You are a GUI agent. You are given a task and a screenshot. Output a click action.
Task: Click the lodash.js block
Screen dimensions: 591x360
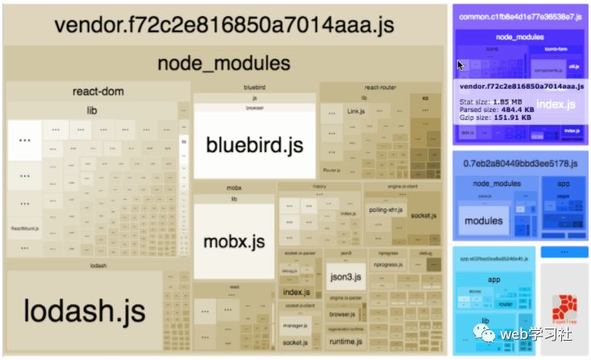coord(84,309)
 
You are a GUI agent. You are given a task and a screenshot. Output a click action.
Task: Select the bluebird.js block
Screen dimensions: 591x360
coord(254,145)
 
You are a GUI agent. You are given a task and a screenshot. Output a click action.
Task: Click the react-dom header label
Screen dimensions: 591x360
coord(97,91)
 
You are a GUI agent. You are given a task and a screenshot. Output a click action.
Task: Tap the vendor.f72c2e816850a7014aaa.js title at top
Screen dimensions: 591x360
coord(224,24)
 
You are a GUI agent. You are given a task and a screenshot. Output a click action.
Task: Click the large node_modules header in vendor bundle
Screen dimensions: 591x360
coord(224,63)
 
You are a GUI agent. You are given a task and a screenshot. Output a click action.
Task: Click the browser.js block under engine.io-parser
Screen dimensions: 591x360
coord(342,314)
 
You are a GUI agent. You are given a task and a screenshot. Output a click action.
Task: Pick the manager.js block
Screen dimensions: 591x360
coord(295,325)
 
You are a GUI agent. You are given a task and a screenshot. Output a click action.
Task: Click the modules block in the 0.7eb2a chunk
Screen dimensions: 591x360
coord(484,221)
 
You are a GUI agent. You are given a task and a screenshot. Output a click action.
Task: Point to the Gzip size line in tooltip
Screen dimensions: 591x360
coord(494,118)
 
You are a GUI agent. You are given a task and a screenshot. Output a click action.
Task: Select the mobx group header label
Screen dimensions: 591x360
coord(234,188)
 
